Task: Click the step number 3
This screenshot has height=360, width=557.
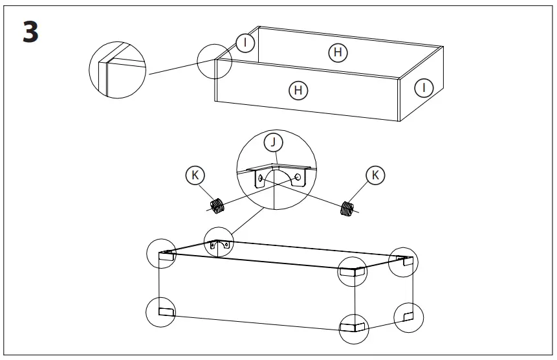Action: point(30,33)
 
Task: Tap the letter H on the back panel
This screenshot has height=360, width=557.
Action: point(337,52)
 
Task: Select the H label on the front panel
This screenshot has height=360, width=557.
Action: point(298,90)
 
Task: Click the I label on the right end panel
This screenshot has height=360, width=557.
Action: point(423,87)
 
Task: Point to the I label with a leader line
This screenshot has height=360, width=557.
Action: point(245,43)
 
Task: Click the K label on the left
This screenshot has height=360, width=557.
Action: point(194,175)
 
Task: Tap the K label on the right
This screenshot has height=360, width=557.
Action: point(374,175)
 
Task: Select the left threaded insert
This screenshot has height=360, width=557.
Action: point(218,206)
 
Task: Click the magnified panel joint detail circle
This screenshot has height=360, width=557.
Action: point(118,70)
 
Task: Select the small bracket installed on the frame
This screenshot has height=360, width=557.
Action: point(219,245)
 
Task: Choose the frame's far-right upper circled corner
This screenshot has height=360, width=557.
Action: point(404,262)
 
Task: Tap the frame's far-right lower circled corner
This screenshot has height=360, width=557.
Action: point(409,317)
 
